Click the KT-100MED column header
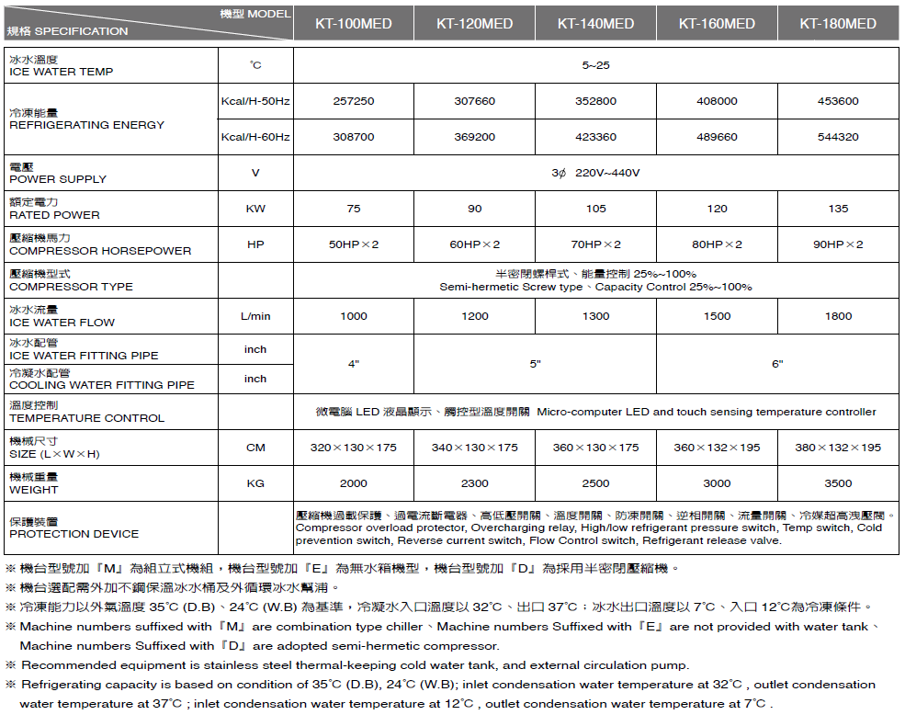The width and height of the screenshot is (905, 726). click(x=354, y=24)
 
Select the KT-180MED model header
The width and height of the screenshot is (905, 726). click(x=838, y=24)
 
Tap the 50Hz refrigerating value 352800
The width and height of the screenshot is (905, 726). click(x=595, y=101)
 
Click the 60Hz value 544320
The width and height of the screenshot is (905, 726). click(x=838, y=137)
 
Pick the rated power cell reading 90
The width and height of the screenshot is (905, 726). click(x=474, y=209)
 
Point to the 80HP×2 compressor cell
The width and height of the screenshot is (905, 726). click(x=717, y=244)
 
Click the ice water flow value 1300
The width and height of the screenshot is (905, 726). click(x=595, y=316)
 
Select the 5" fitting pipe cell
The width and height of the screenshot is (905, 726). click(x=535, y=364)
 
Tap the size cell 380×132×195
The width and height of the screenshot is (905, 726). click(x=838, y=448)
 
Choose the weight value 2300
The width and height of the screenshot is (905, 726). click(x=474, y=483)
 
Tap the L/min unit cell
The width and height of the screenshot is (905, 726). click(x=255, y=316)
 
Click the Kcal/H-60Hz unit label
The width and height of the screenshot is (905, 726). click(x=255, y=137)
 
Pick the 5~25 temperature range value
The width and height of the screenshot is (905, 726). click(x=595, y=65)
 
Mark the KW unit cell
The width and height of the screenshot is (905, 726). click(x=255, y=209)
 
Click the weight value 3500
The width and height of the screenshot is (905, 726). click(x=838, y=483)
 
